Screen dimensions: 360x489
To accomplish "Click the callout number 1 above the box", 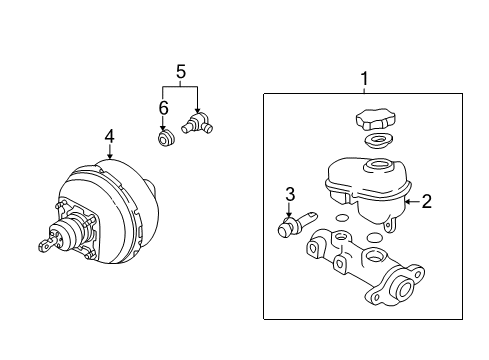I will click(x=364, y=77).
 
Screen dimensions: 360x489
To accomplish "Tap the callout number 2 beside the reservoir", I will click(x=426, y=201).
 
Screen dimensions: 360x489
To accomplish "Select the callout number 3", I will click(x=289, y=193).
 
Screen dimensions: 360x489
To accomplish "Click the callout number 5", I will click(x=181, y=71).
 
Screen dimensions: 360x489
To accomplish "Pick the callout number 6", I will click(x=164, y=107).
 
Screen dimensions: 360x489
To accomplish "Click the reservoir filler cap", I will click(x=375, y=119).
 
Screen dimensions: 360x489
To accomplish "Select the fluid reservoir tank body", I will click(x=364, y=185).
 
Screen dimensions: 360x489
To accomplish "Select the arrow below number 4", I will click(x=110, y=153).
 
